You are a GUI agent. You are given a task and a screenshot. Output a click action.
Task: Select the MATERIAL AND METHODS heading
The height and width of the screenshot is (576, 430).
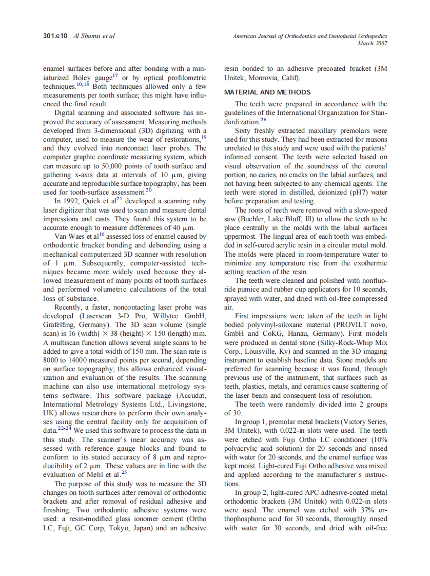(267, 92)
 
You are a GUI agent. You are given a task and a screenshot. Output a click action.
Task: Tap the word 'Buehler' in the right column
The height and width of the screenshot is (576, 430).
(251, 219)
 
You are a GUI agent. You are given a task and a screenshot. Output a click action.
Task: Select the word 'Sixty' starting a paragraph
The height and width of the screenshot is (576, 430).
(243, 131)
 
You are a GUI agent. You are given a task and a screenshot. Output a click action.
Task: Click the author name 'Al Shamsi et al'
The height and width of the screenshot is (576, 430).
(95, 36)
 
